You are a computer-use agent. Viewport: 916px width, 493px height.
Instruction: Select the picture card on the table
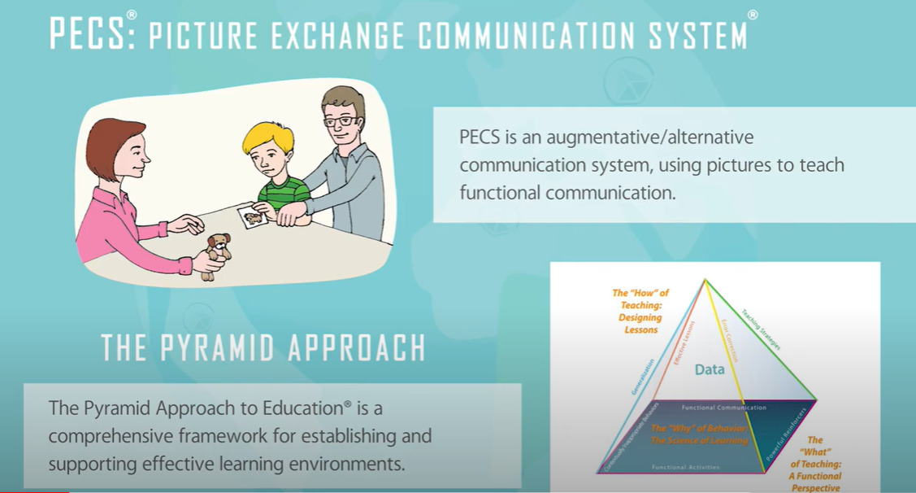[252, 216]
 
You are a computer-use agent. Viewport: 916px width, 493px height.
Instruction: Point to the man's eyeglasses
[341, 121]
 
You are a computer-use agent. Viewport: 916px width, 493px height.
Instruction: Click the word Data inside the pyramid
[709, 370]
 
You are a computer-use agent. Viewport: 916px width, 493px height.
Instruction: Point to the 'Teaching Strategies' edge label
[761, 329]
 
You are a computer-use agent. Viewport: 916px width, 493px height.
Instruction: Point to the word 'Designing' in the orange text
[640, 317]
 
